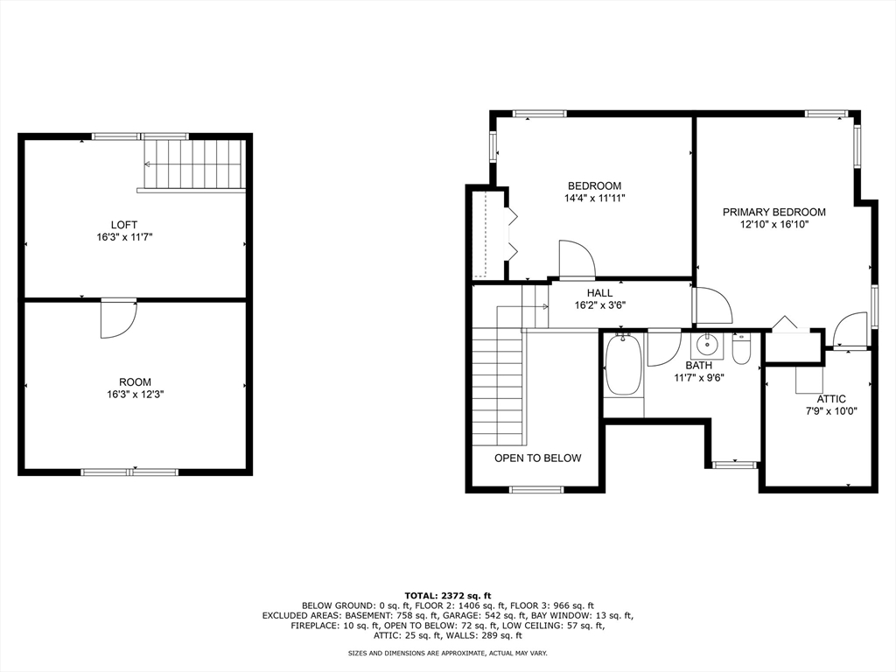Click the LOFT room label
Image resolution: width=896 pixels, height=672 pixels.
tap(123, 225)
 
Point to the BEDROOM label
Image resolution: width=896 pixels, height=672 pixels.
tap(594, 185)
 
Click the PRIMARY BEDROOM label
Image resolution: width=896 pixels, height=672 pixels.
tap(773, 212)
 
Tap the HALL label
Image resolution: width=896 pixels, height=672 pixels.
tap(599, 293)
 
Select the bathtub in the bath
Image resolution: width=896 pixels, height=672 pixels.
tap(623, 366)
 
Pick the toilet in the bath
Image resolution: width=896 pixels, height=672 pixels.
tap(741, 348)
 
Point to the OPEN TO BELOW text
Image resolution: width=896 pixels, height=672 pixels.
tap(537, 458)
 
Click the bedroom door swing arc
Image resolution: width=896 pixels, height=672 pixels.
tap(577, 258)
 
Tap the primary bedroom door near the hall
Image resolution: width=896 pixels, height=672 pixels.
tap(713, 306)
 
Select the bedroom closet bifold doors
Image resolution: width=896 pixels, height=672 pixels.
tap(511, 234)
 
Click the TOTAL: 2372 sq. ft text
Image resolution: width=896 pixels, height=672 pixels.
tap(447, 594)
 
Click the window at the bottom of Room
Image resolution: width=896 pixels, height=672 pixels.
tap(129, 472)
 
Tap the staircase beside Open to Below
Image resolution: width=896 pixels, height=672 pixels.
tap(497, 385)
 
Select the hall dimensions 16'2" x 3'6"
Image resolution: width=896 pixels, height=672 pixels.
tap(599, 306)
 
